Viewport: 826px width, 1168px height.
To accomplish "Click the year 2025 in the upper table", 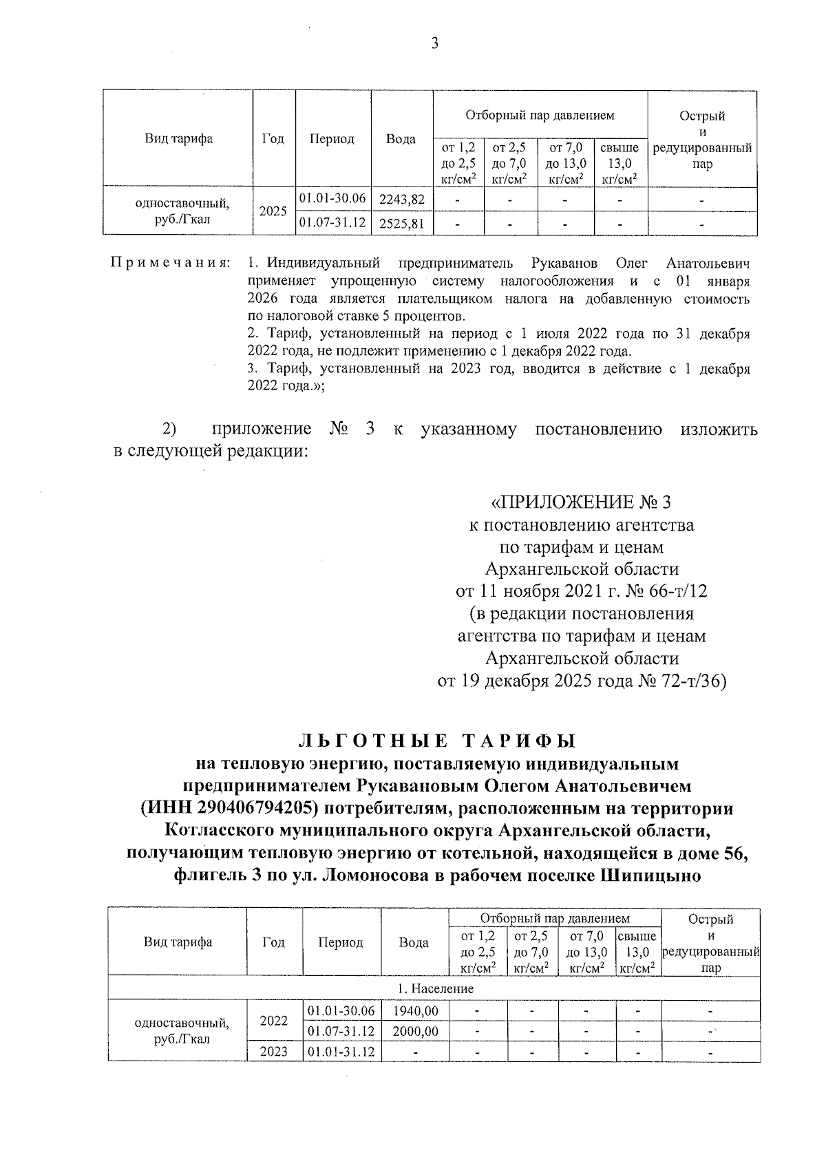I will (x=273, y=211).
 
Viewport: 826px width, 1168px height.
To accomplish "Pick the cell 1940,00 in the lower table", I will (x=415, y=1011).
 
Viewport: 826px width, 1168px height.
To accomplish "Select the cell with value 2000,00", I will (x=415, y=1031).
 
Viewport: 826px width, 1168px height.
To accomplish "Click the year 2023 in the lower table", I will (x=273, y=1052).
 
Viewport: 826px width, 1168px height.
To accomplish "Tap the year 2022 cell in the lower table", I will (x=273, y=1021).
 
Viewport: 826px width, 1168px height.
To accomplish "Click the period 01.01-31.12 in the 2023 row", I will (x=341, y=1052).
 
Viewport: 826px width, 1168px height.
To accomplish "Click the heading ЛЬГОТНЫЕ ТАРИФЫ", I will (x=436, y=741).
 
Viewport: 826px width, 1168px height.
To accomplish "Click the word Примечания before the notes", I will (x=170, y=264).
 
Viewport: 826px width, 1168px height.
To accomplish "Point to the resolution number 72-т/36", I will (x=695, y=681).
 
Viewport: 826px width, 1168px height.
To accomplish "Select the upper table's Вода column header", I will (x=401, y=139).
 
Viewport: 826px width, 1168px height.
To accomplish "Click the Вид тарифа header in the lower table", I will (x=178, y=942).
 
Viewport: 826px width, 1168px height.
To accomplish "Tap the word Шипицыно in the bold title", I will (x=650, y=876).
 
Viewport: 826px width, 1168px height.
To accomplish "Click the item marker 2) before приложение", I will (x=169, y=429).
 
